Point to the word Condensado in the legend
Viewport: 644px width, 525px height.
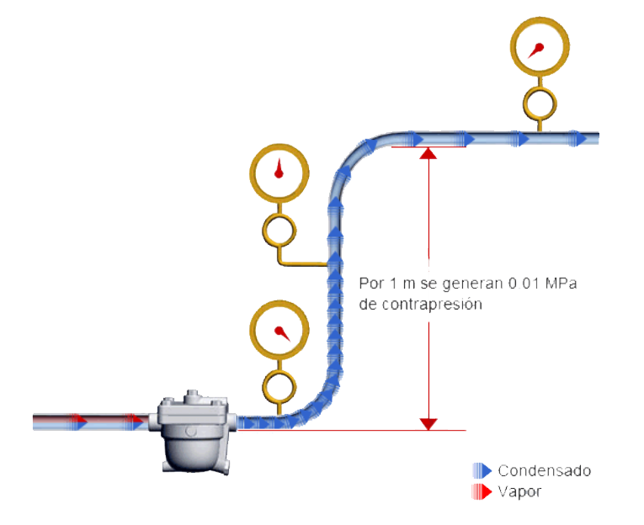[x=543, y=470]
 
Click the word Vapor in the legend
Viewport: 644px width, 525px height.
[x=519, y=491]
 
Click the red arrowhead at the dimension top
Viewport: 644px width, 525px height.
[x=428, y=153]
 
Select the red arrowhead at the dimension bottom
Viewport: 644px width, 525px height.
[x=428, y=423]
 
